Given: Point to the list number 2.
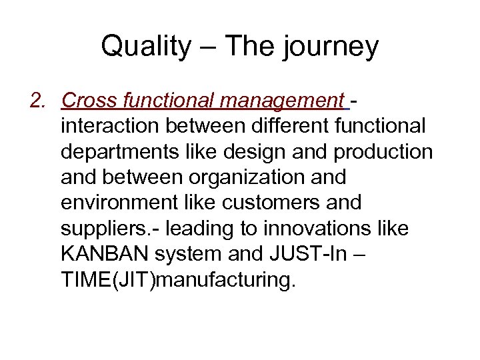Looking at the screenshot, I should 39,101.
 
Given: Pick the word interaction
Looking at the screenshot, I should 110,126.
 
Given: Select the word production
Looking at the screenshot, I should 383,152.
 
